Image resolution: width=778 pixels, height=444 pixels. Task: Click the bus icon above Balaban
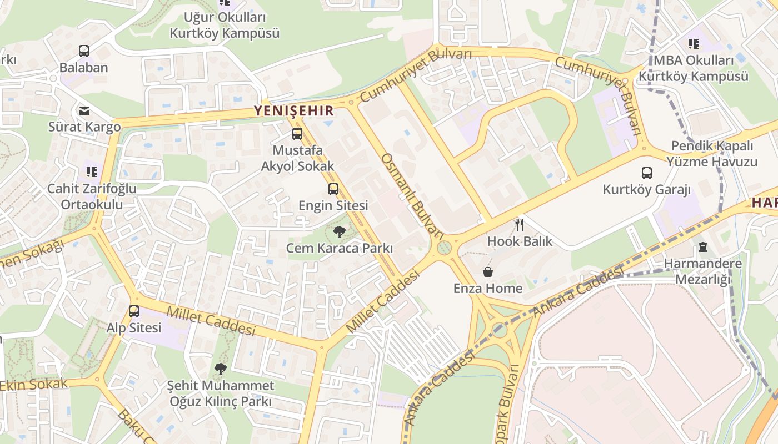(84, 51)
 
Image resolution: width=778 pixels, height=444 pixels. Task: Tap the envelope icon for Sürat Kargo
(84, 110)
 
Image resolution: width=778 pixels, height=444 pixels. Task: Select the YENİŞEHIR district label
(293, 110)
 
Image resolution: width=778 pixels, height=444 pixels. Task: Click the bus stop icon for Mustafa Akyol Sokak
(297, 134)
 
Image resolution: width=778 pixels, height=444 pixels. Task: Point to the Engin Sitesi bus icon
(333, 189)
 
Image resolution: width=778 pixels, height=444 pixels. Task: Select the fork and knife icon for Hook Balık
(520, 224)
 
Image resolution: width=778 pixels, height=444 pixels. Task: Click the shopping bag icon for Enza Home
(487, 272)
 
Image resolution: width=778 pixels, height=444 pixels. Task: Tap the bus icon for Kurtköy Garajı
(646, 173)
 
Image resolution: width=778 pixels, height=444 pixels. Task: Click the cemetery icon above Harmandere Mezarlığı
(703, 247)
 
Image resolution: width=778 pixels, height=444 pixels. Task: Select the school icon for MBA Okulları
(693, 43)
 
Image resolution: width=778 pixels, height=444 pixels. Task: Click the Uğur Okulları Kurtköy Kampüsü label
(225, 26)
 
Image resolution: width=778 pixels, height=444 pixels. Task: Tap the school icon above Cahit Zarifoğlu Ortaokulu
(92, 172)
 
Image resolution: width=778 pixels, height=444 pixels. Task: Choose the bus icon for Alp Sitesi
(134, 311)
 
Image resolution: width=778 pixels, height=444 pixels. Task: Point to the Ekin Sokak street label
(33, 384)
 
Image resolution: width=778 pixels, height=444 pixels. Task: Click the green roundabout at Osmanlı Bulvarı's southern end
(444, 248)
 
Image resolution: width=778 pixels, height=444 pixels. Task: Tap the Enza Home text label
(488, 289)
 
